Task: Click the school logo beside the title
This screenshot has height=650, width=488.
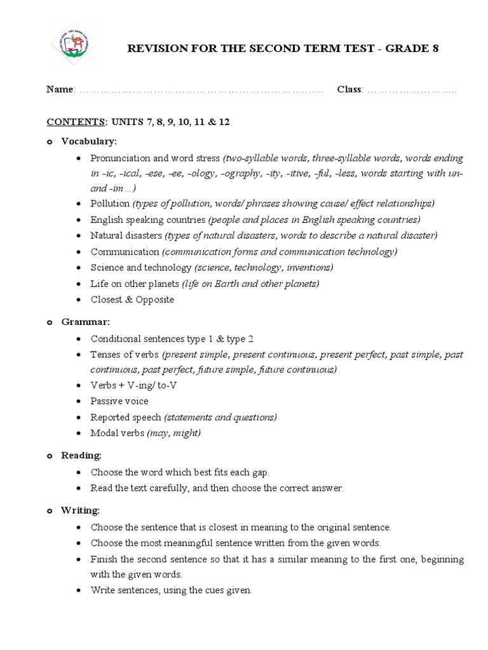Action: [73, 44]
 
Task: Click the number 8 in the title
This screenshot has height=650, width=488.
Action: [435, 48]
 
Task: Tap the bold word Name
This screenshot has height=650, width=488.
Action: [60, 90]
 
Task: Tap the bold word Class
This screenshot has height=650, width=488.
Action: [349, 90]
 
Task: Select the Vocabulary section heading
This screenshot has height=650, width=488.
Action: [89, 141]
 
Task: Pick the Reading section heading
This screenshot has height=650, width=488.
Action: [81, 455]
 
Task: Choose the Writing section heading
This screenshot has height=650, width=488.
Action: [80, 510]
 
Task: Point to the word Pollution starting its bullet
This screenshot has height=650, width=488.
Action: [110, 203]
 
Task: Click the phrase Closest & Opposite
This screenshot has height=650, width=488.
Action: [132, 299]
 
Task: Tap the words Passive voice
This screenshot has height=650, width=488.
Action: [119, 401]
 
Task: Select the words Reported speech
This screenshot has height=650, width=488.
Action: [126, 417]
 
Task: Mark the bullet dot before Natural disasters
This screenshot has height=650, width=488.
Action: [78, 235]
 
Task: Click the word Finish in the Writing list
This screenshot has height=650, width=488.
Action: [104, 559]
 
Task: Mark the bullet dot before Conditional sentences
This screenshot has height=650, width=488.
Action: [78, 339]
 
